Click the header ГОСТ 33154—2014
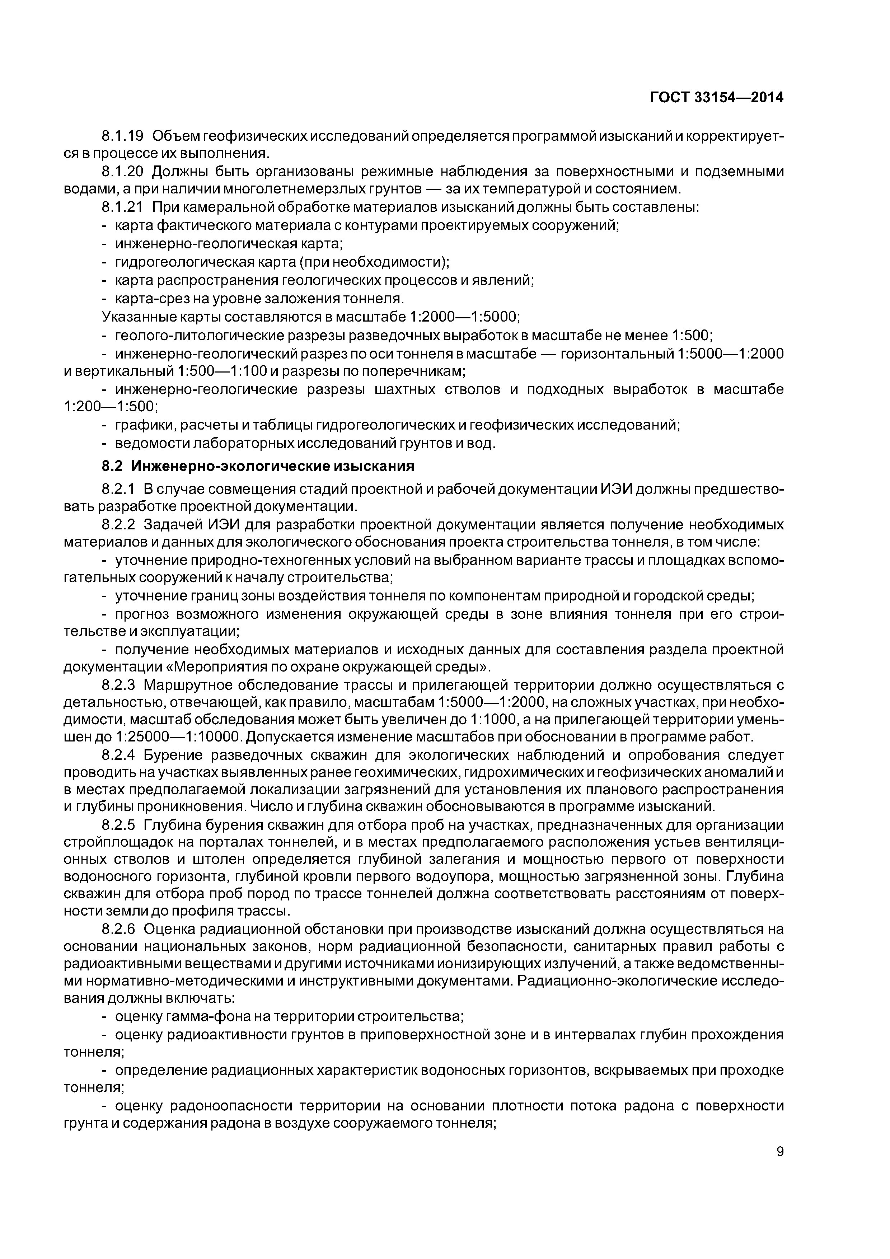pos(717,98)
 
